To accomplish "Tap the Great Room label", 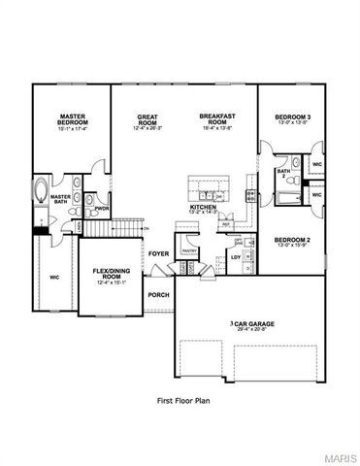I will coord(148,120).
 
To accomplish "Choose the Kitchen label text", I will coord(202,209).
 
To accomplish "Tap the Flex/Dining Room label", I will coord(112,276).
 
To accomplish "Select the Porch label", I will coord(157,294).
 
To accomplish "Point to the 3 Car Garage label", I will coord(255,324).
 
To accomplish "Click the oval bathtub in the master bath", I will coord(42,192).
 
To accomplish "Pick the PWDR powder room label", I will coord(101,207).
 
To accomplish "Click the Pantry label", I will coord(187,250).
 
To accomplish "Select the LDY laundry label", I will coord(235,256).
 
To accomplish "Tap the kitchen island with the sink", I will coord(208,185).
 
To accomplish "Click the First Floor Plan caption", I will coord(184,399).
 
